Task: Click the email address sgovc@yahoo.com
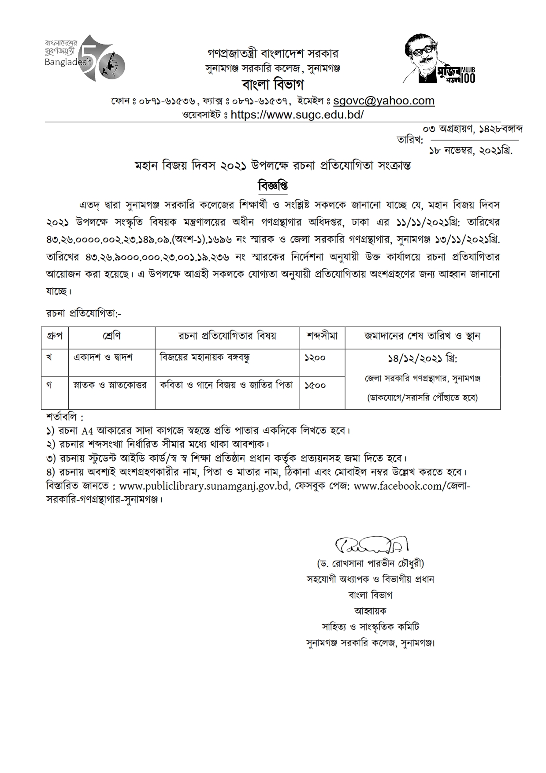tap(384, 101)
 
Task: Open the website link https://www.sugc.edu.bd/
tap(297, 115)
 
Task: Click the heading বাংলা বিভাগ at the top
tap(273, 84)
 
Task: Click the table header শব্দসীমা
tap(322, 336)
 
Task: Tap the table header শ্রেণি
tap(111, 336)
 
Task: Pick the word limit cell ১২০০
tap(315, 358)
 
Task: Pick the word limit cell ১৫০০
tap(315, 385)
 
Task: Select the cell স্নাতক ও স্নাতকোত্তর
tap(110, 385)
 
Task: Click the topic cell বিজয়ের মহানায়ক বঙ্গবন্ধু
tap(204, 357)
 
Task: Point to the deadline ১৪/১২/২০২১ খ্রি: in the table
tap(422, 359)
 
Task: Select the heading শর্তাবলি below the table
tap(64, 416)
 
